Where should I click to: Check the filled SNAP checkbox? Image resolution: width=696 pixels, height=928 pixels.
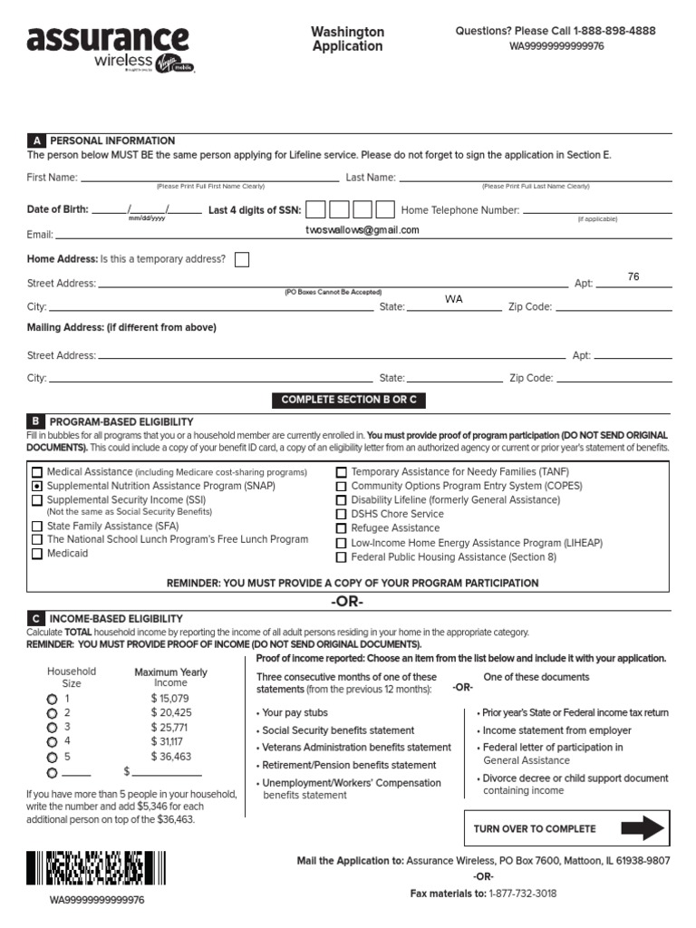point(37,486)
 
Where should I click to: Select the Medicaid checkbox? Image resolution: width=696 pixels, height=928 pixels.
point(37,554)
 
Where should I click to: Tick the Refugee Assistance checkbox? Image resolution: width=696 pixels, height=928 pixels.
point(342,528)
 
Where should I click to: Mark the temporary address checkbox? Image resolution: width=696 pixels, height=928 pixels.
point(242,260)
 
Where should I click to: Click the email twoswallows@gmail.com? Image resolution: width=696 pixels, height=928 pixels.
point(362,230)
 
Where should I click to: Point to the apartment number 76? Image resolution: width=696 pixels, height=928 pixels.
point(633,276)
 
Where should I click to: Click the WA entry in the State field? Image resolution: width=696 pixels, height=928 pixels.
point(453,299)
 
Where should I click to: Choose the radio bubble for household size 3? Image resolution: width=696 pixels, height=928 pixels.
point(52,728)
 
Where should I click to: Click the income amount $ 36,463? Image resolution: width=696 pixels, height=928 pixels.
point(171,756)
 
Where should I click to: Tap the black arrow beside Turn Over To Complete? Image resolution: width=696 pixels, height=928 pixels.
point(643,828)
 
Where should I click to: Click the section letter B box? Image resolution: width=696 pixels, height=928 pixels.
point(36,421)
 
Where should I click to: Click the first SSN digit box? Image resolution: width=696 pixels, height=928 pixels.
point(315,210)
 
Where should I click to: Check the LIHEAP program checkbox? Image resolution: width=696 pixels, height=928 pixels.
point(342,544)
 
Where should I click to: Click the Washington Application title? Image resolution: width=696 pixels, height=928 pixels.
point(348,39)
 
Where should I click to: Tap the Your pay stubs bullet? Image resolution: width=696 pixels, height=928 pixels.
point(295,713)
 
